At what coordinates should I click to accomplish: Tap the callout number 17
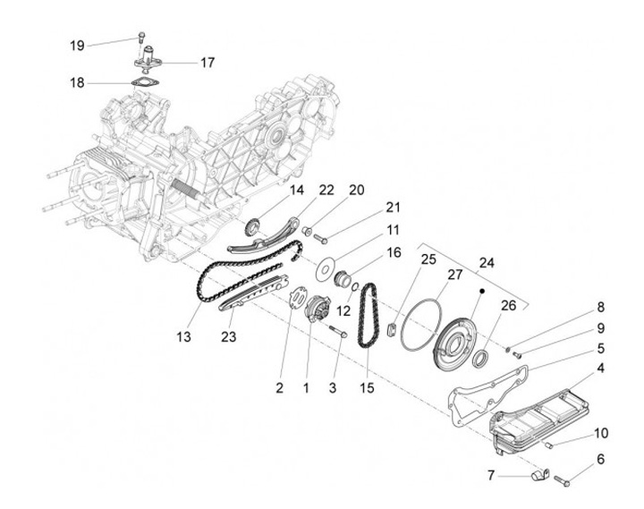tap(208, 63)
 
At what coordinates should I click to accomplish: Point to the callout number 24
tap(486, 263)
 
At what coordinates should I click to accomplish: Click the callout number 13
tap(184, 336)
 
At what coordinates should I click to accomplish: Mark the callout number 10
tap(600, 433)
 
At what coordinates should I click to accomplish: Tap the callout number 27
tap(454, 275)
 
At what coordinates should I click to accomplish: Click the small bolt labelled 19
tap(141, 38)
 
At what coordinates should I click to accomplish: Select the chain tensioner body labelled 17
tap(145, 64)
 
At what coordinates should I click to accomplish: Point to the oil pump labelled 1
tap(316, 313)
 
